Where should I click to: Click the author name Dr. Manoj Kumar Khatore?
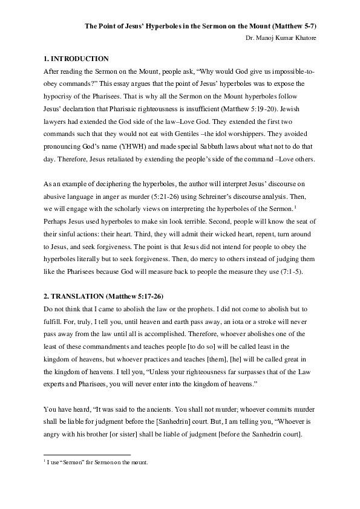(x=283, y=37)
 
